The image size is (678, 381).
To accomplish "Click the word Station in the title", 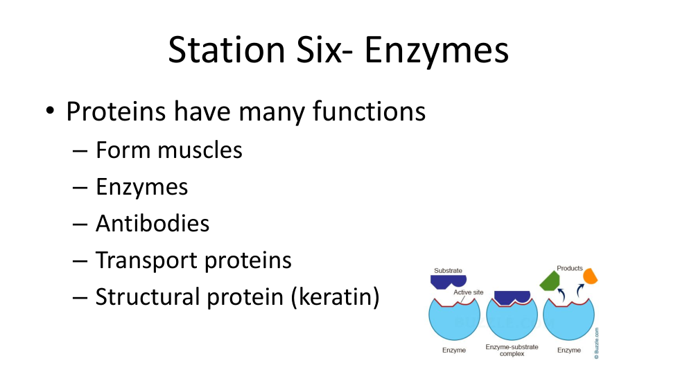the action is click(227, 50).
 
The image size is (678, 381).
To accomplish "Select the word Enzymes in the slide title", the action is click(436, 52).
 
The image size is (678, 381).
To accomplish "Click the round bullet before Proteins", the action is click(50, 111).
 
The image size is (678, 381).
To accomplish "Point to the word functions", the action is click(369, 111).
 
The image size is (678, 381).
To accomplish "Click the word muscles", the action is click(200, 150).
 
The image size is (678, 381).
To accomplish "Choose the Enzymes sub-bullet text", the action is click(142, 188).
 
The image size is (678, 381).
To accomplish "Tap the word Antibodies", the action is click(153, 223).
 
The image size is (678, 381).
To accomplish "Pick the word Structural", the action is click(146, 296).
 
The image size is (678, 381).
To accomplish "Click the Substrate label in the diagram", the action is click(448, 270).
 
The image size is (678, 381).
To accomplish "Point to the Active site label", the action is click(468, 292).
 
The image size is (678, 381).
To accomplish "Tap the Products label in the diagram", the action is click(569, 268).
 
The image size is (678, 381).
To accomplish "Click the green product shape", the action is click(550, 281).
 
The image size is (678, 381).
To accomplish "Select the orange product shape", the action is click(590, 276).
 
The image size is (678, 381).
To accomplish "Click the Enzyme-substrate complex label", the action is click(512, 351).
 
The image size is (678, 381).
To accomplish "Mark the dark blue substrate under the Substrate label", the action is click(449, 282).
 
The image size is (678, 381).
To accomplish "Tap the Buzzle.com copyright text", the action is click(596, 343).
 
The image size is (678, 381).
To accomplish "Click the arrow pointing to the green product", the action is click(562, 294).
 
